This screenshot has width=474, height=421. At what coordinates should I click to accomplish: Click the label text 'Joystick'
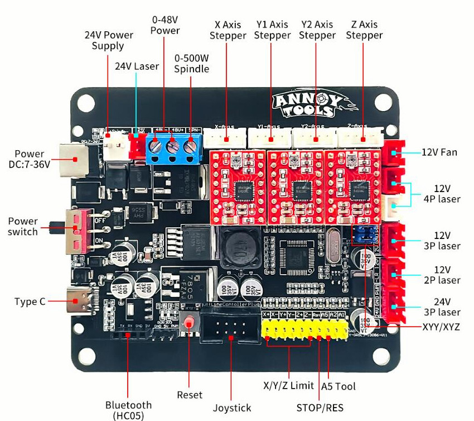232,408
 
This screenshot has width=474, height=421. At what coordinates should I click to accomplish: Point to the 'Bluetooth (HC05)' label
128,410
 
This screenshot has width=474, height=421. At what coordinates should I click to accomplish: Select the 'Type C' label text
30,302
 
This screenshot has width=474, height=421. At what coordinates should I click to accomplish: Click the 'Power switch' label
23,226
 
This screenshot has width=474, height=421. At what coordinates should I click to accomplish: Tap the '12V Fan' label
440,152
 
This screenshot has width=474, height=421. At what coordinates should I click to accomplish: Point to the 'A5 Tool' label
338,386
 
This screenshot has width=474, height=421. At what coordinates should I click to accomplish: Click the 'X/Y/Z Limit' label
288,386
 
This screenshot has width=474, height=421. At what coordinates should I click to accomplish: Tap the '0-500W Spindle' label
191,64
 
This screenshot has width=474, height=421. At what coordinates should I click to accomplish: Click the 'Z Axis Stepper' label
364,30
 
